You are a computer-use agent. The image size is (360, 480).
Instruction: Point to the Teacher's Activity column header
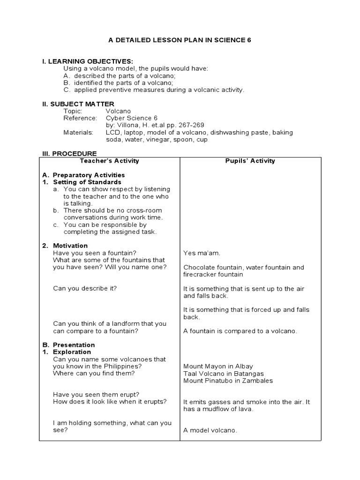point(109,161)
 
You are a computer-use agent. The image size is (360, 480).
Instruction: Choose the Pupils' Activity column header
point(250,161)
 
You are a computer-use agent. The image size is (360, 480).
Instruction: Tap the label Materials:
point(78,132)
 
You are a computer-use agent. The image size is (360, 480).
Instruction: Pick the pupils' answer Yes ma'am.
point(202,253)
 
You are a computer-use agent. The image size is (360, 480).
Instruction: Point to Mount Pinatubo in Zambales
point(228,381)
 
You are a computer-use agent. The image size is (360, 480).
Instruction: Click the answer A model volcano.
point(210,430)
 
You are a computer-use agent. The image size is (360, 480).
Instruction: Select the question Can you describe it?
point(85,288)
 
